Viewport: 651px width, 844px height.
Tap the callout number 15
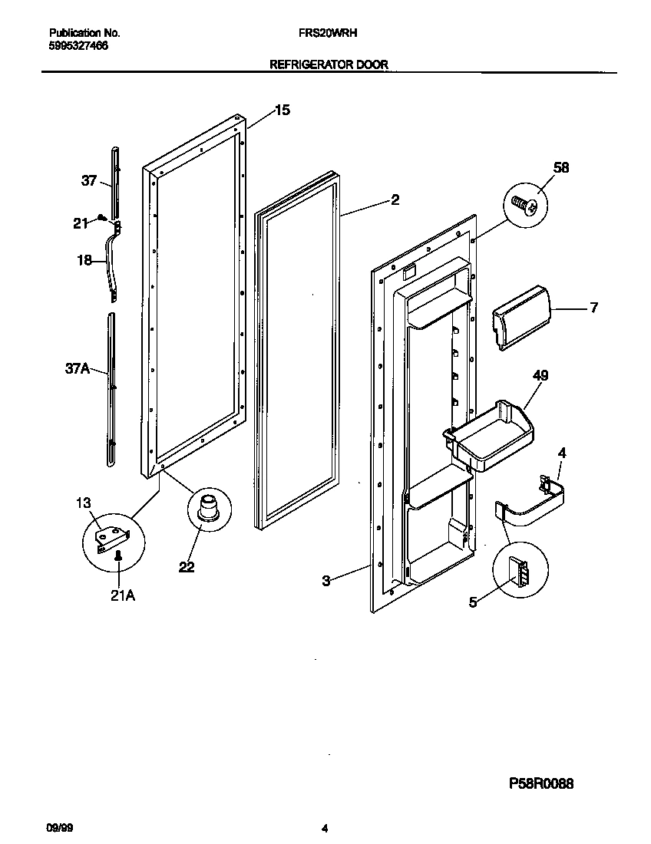(x=282, y=110)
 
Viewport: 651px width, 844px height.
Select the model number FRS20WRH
(x=326, y=34)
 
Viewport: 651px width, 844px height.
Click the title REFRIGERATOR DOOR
(x=329, y=66)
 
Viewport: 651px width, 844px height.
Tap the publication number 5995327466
(x=78, y=46)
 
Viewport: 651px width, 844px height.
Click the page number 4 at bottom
(x=325, y=829)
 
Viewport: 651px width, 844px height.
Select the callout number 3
(x=325, y=581)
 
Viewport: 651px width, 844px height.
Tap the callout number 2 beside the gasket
(x=395, y=201)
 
